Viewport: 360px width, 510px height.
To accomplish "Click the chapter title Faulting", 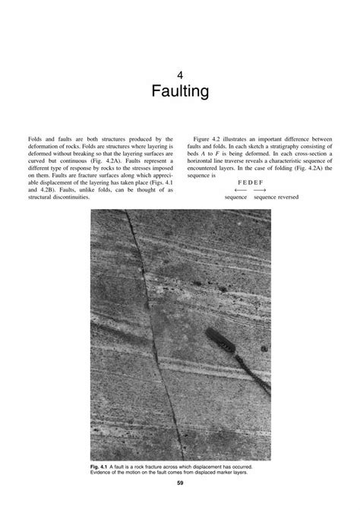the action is tap(180, 93).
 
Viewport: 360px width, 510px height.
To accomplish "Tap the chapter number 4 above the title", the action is tap(180, 75).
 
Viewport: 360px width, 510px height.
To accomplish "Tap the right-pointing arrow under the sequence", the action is tap(261, 190).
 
